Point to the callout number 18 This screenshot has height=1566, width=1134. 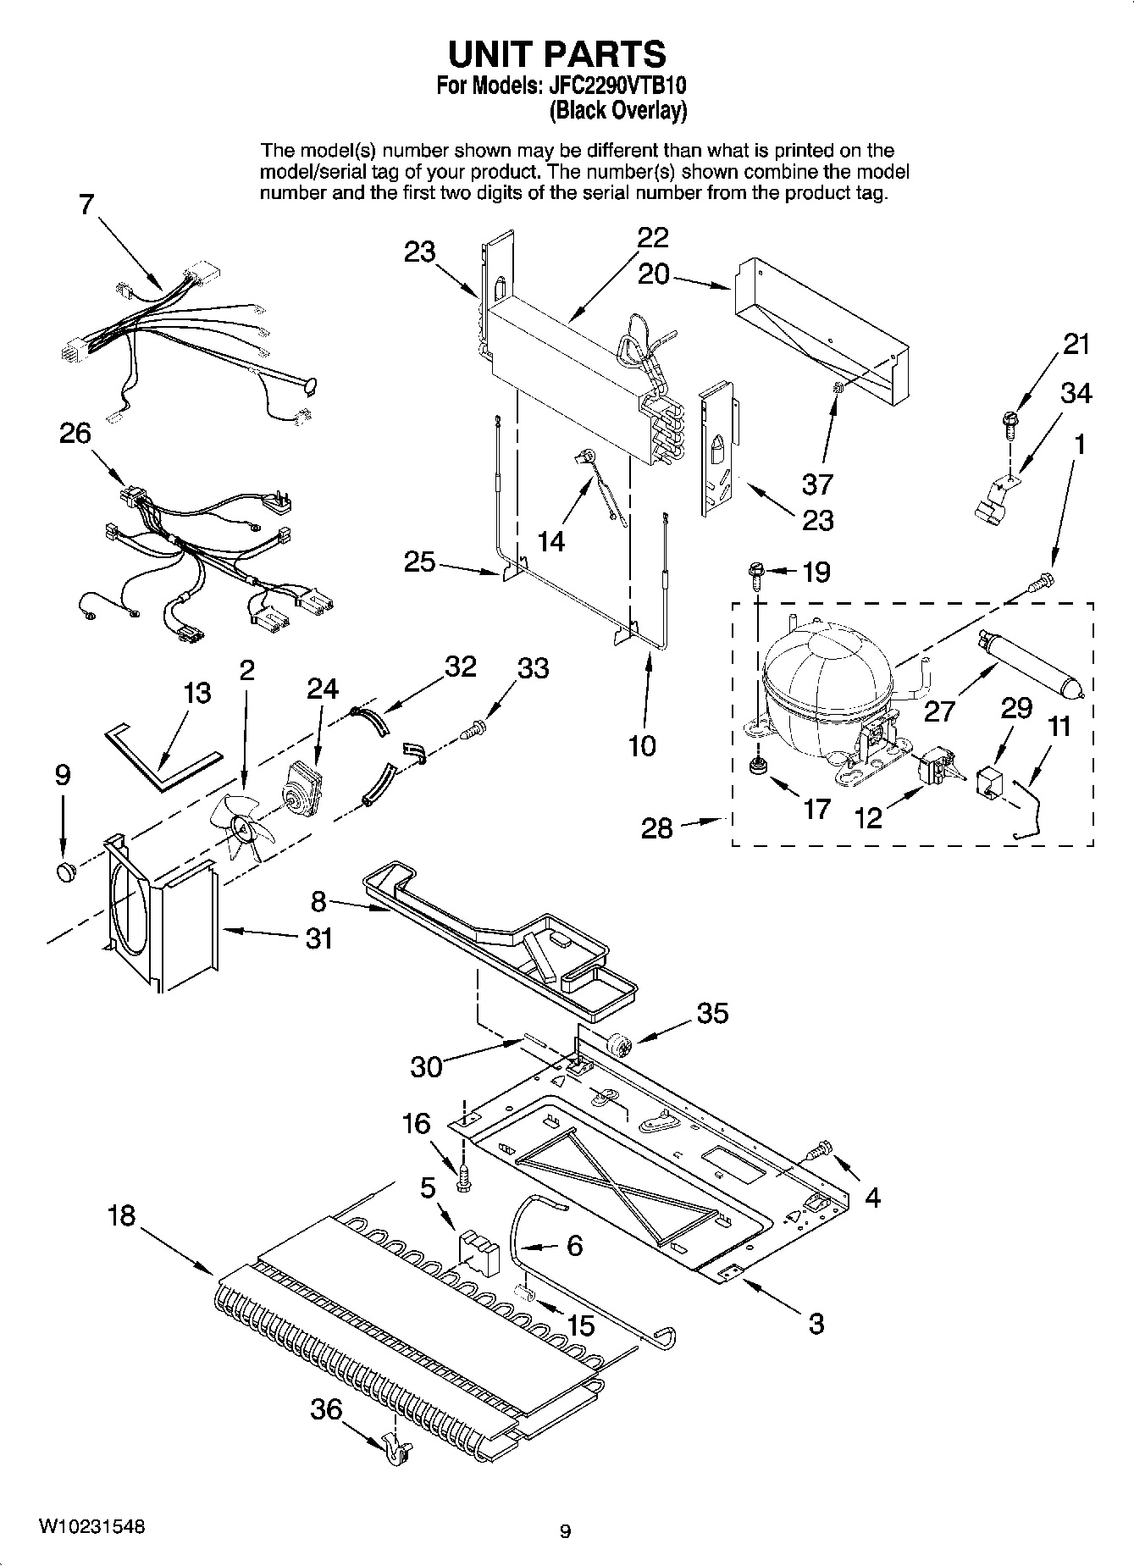tap(121, 1216)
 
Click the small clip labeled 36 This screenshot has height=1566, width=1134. tap(396, 1451)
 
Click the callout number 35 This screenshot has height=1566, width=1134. tap(712, 1012)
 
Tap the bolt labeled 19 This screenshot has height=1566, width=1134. tap(755, 574)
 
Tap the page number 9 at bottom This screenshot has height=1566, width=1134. tap(566, 1530)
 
